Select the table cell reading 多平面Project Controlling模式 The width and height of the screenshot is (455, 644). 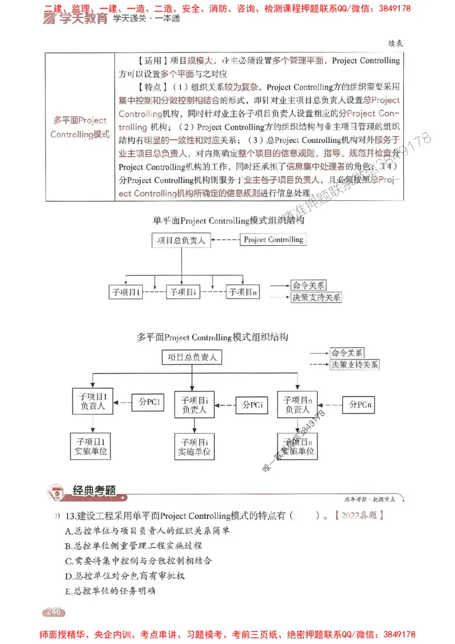pos(80,127)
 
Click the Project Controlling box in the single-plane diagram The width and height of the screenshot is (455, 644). pos(273,240)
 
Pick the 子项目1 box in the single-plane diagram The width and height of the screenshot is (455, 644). pos(126,292)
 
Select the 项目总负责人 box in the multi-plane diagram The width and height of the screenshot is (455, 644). pos(192,357)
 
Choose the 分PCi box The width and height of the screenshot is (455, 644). pos(253,404)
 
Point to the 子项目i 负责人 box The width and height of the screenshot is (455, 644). pos(195,404)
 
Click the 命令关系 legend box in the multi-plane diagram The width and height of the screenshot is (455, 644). pos(347,353)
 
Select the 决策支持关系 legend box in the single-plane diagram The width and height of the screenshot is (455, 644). pos(316,297)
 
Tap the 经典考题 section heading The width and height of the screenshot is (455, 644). pos(94,490)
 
